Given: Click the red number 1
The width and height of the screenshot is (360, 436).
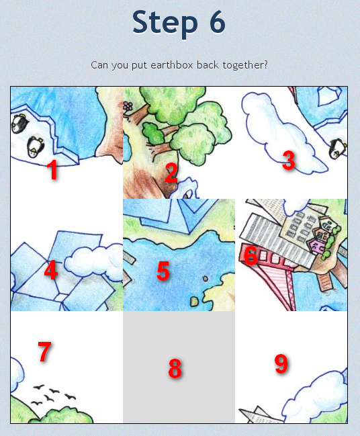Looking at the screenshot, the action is point(52,169).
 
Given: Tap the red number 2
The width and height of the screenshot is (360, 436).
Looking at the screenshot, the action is point(171,173).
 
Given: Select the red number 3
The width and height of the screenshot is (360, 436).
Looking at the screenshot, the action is point(289,160).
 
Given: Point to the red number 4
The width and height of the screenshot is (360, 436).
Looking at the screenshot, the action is point(51,270).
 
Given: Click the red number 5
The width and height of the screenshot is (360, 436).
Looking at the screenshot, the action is point(163,271).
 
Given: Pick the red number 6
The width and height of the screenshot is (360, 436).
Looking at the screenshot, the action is point(251,255).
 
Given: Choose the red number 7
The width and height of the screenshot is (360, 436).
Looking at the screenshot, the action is point(45,351).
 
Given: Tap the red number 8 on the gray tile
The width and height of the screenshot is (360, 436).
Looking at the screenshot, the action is point(175,368).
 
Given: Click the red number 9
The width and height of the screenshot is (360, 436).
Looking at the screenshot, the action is point(281,363).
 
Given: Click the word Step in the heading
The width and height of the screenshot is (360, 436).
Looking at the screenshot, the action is point(165,23).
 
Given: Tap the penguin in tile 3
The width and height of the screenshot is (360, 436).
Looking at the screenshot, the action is point(337,148).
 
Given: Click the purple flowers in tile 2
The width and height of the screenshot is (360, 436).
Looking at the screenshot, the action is point(128,106).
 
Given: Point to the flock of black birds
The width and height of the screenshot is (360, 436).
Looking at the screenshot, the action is point(53,394).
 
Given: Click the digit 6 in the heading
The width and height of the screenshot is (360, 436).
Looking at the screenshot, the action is point(216,22).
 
